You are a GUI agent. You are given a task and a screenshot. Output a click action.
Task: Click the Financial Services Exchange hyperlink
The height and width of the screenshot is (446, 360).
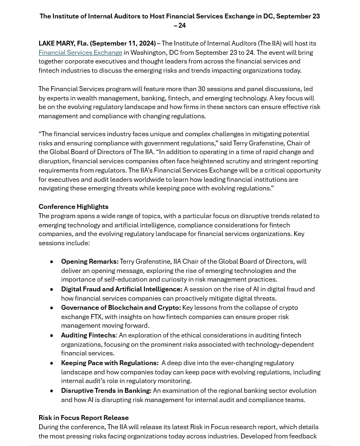[80, 53]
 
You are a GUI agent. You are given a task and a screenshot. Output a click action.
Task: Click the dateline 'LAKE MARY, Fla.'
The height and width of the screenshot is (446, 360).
[63, 43]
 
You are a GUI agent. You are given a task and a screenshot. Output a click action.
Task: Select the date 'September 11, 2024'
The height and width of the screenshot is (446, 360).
[123, 43]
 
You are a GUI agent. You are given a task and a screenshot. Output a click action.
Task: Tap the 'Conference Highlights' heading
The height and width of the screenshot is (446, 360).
[73, 207]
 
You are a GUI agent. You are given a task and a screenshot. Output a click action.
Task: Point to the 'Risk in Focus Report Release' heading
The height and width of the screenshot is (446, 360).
[84, 418]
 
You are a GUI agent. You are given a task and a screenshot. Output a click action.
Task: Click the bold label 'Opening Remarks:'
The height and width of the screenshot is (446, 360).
[90, 262]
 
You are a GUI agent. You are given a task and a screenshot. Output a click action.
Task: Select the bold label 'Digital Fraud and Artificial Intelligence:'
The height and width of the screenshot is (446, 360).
[121, 289]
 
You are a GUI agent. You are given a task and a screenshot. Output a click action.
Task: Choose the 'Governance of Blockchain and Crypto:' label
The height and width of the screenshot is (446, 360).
[121, 308]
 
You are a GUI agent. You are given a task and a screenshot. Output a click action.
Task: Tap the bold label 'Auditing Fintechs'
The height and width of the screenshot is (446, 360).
[88, 335]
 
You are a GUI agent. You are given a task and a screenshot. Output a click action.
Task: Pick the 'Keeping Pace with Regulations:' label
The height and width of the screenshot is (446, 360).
[109, 363]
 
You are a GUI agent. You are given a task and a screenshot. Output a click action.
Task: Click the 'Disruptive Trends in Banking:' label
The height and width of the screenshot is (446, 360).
[106, 391]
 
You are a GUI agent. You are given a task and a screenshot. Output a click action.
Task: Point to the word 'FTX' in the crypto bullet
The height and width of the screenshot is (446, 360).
[96, 317]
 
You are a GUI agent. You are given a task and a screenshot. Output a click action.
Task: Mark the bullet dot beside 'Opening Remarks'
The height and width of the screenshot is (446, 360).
[52, 262]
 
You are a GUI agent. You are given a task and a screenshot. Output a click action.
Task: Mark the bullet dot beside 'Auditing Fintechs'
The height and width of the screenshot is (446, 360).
[52, 336]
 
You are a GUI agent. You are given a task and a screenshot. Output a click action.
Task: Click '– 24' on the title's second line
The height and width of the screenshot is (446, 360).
[180, 26]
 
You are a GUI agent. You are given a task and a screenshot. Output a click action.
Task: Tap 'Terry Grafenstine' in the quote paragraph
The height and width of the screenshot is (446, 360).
[258, 143]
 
